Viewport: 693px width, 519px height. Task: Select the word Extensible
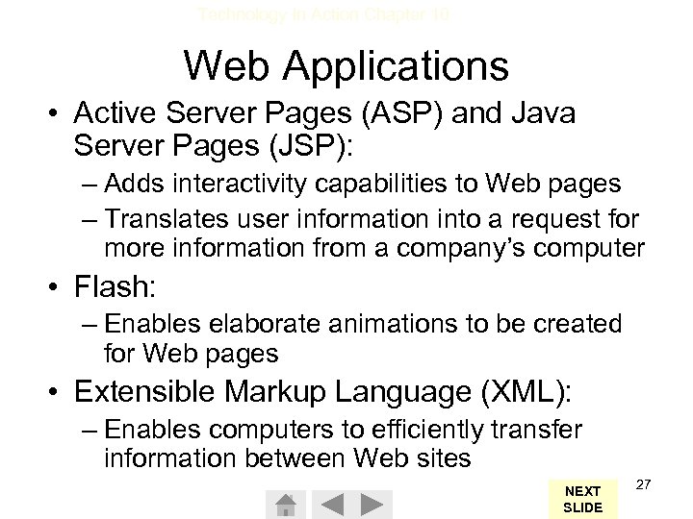click(144, 391)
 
